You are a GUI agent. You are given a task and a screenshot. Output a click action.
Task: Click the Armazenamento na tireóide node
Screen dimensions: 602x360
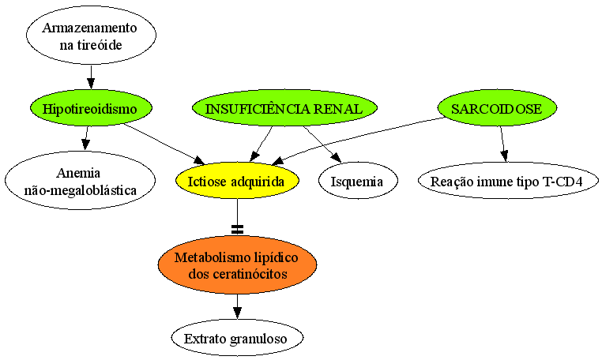[91, 35]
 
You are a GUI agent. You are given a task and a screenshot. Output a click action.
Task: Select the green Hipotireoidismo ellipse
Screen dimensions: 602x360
[92, 108]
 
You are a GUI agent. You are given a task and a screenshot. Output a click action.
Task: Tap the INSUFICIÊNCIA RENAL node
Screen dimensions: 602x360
[284, 108]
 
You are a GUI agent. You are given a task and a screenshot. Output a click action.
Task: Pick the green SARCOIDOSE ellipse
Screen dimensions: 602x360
[497, 108]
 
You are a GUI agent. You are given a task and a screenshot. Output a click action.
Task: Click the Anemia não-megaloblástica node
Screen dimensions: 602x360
[81, 180]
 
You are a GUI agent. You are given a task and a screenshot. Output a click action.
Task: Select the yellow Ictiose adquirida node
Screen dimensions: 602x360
[237, 181]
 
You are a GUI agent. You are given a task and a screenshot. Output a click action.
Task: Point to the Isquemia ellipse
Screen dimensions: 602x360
[358, 181]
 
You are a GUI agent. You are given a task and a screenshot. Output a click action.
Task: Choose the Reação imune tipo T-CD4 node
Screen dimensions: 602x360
[508, 181]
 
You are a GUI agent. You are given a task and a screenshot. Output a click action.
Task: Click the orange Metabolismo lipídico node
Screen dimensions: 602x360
[237, 264]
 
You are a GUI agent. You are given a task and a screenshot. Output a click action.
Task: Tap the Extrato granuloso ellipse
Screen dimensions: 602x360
[237, 338]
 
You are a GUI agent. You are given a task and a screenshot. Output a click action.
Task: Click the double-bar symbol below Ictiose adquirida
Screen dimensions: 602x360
[238, 230]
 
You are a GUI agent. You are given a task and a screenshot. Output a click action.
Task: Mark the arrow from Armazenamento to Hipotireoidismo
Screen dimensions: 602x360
[91, 77]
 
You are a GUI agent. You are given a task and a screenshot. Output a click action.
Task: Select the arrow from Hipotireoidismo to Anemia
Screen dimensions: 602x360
[86, 138]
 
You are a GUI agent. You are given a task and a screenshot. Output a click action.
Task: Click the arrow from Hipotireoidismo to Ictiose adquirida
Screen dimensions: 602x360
[165, 144]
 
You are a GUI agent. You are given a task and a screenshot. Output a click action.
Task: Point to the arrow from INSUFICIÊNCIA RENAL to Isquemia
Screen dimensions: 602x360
[322, 144]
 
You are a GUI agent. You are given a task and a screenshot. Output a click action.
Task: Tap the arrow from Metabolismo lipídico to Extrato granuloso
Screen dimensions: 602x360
[237, 306]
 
